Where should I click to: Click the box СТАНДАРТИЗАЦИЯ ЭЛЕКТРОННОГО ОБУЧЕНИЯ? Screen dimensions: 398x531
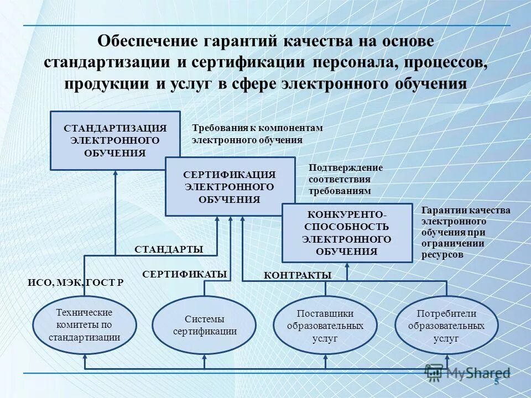115,140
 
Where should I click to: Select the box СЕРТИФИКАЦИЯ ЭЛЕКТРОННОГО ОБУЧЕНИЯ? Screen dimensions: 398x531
230,186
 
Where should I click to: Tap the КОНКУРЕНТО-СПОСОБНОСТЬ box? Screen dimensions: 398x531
347,233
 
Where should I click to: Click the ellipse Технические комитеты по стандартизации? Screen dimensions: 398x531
84,325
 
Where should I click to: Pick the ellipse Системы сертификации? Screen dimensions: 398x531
204,325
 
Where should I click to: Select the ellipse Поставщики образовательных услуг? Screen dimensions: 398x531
325,325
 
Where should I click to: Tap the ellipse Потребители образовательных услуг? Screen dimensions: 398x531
446,325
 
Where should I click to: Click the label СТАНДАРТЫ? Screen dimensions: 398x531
169,250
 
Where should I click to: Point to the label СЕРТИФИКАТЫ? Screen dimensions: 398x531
185,274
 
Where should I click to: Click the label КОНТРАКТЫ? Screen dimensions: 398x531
297,275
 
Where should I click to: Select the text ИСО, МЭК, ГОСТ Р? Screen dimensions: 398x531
76,282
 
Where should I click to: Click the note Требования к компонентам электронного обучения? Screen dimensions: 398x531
257,134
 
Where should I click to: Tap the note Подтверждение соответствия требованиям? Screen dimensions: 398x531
345,179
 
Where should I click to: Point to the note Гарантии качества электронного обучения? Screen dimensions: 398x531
466,233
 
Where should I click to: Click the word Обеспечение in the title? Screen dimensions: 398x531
148,41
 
